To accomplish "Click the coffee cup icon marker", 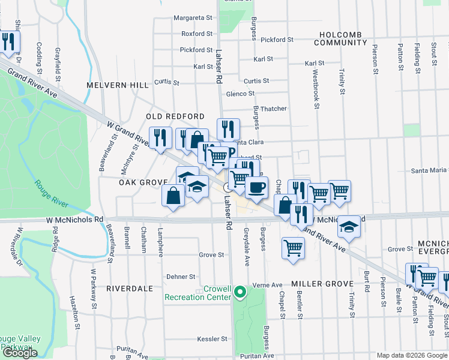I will tap(256, 187).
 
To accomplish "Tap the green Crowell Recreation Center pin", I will tap(240, 292).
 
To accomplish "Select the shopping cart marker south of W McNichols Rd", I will tap(292, 247).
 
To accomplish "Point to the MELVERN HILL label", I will tap(116, 85).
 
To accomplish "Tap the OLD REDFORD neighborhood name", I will tap(175, 116).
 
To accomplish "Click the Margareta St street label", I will tap(193, 18).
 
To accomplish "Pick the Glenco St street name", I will tap(240, 94).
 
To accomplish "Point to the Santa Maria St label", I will tap(429, 171).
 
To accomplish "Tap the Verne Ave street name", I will tap(268, 285).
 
